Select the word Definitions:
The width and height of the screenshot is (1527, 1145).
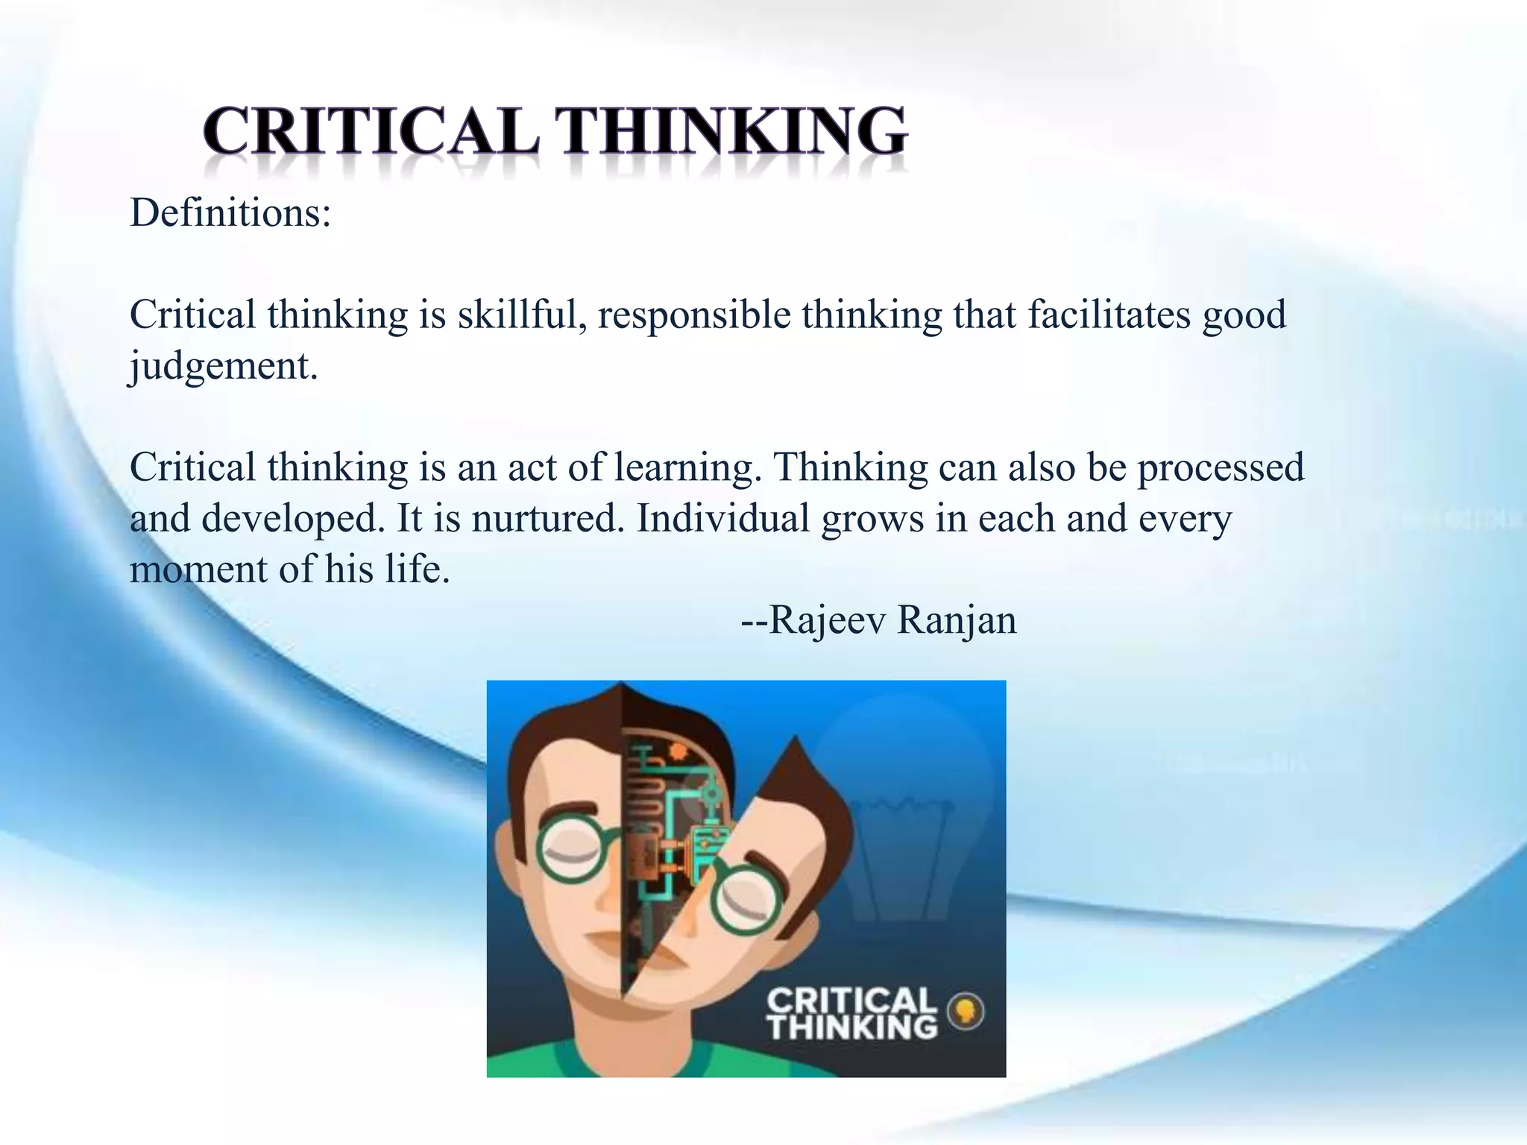[x=230, y=213]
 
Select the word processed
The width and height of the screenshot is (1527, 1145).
[x=1221, y=468]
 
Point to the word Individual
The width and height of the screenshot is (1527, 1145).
[x=722, y=518]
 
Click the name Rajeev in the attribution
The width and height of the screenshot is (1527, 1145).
[x=827, y=620]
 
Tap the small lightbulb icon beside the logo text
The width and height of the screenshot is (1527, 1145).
[x=966, y=1012]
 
